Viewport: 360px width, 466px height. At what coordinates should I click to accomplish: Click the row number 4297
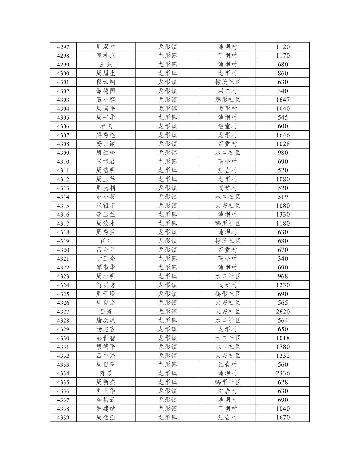[x=63, y=47]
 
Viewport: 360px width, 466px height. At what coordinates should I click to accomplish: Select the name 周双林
[x=106, y=47]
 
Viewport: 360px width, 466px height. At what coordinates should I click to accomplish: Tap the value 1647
[x=282, y=100]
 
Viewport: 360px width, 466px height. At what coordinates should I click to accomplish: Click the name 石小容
[x=106, y=100]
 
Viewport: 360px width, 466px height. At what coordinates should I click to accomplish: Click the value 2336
[x=282, y=373]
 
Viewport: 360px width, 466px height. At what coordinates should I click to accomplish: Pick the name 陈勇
[x=106, y=373]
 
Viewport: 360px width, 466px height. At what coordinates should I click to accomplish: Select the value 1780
[x=282, y=347]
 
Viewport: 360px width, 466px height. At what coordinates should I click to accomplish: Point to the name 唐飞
[x=106, y=126]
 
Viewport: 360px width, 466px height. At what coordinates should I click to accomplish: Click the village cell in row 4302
[x=227, y=91]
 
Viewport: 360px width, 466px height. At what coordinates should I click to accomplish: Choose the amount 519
[x=282, y=197]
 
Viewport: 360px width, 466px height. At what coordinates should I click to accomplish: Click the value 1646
[x=282, y=135]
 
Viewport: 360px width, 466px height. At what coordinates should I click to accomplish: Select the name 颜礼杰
[x=106, y=56]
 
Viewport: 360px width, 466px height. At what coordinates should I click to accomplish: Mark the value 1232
[x=282, y=356]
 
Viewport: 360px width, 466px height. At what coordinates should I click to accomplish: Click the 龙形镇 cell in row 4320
[x=167, y=250]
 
